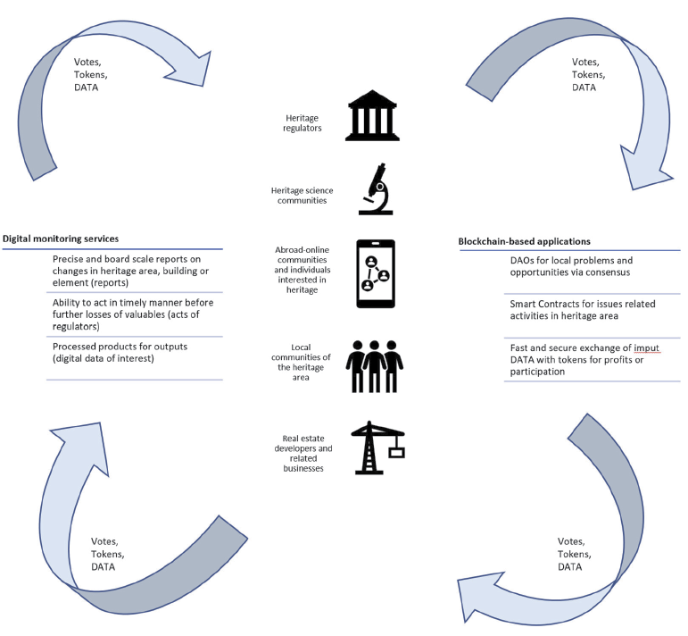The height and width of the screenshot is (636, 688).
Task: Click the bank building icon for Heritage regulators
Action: (x=374, y=115)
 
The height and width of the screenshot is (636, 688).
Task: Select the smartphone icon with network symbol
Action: (x=376, y=273)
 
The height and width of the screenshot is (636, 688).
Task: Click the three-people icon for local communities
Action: (x=375, y=365)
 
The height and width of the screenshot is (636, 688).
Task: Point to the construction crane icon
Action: (x=376, y=447)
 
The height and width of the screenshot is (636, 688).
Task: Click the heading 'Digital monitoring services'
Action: (x=61, y=238)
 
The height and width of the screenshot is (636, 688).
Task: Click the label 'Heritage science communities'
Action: (x=302, y=195)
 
